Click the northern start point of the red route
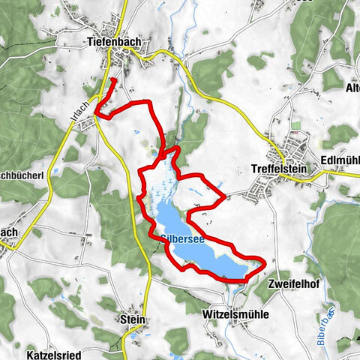(x=112, y=79)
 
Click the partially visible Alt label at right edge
(x=352, y=88)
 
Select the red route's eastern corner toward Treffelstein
(x=224, y=198)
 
